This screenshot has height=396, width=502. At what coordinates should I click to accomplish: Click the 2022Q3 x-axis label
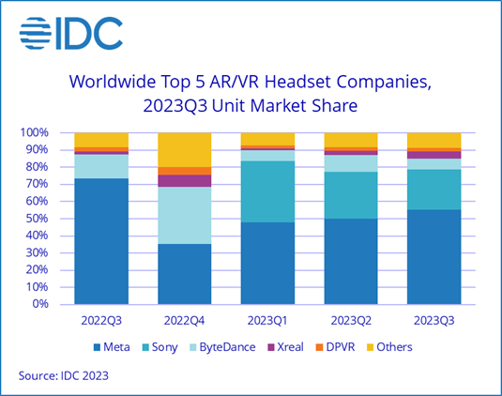101,319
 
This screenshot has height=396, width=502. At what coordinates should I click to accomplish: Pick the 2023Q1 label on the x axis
267,319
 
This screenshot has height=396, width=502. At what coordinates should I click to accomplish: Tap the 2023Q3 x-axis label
434,319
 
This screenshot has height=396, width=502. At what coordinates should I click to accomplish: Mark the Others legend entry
419,346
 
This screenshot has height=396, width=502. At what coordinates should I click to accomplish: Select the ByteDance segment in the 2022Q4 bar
184,215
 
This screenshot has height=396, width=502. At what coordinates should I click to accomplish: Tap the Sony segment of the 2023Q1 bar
267,191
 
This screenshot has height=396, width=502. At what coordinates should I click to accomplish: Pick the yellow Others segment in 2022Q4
184,149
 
